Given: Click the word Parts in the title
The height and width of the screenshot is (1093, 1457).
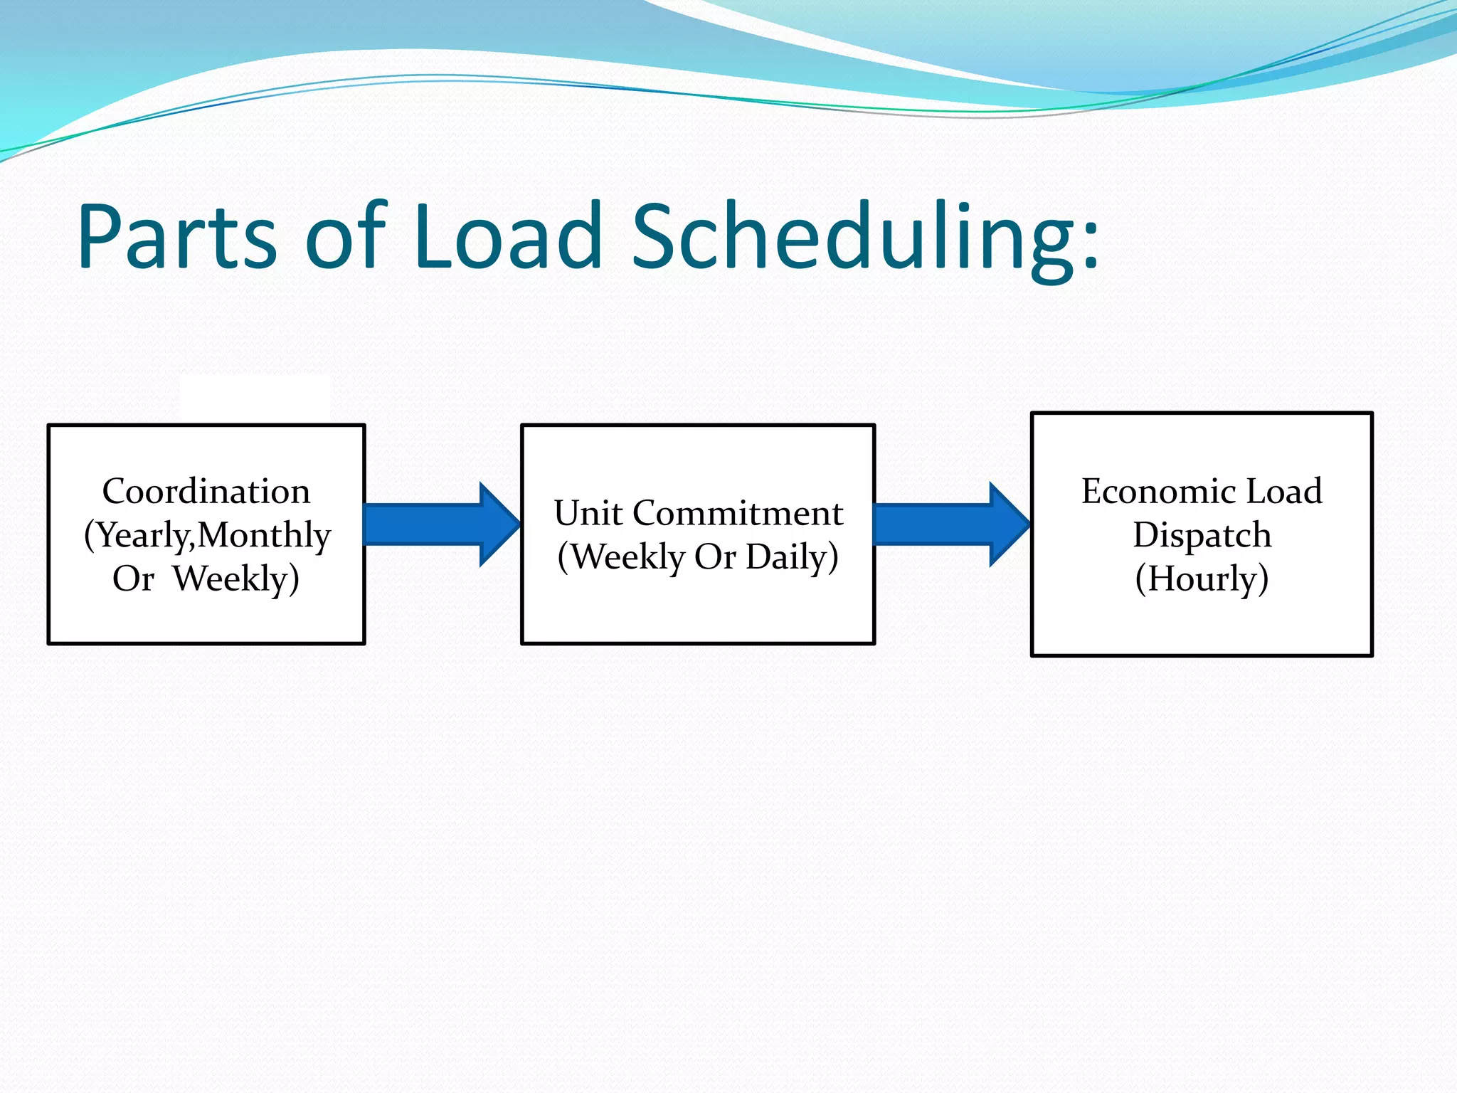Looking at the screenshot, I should coord(176,237).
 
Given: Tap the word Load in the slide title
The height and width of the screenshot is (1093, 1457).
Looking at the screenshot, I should coord(508,237).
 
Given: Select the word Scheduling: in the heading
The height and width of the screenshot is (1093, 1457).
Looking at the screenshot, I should coord(864,237).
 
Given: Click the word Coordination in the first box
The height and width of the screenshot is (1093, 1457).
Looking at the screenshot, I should coord(206,492).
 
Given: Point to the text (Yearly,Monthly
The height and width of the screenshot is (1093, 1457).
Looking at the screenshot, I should coord(207,535).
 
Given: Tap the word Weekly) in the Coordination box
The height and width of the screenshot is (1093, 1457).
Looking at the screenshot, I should coord(236,579).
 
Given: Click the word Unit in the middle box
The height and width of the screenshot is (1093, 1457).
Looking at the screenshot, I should coord(588,514).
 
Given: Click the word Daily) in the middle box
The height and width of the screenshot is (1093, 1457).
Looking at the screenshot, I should coord(792,557).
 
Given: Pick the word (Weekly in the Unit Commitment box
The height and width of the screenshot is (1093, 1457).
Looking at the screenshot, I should coord(621,557).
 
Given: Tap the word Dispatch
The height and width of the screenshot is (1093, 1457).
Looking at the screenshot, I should coord(1202,535).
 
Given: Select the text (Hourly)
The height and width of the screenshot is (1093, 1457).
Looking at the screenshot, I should coord(1202,579).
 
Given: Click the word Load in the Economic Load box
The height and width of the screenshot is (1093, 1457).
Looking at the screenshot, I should coord(1284,492).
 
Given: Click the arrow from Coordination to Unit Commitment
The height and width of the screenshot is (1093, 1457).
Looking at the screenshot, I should coord(441,524).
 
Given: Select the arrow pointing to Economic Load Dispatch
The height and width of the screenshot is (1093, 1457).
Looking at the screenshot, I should coord(950,524).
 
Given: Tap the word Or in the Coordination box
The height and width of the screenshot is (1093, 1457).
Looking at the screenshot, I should coord(133,579).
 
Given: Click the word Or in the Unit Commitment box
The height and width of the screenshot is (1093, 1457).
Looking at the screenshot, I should coord(715,557).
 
